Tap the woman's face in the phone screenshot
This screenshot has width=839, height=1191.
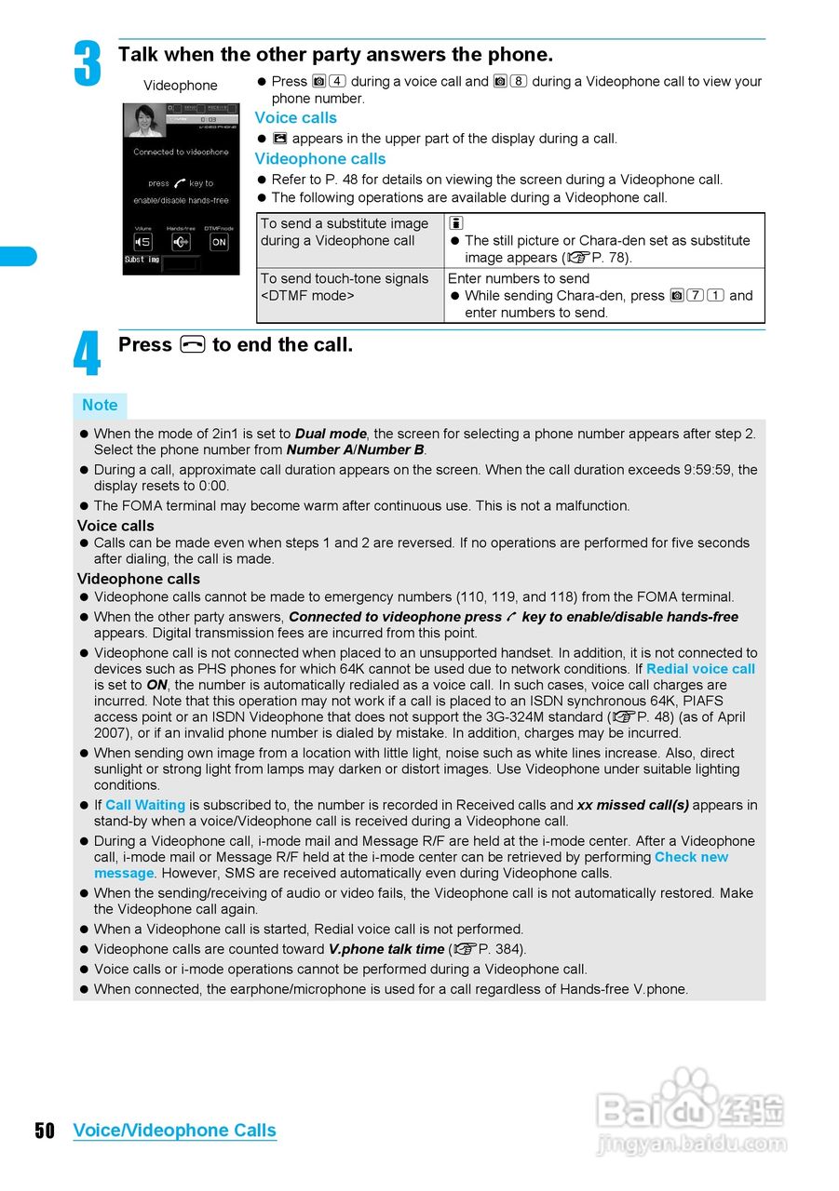(x=146, y=119)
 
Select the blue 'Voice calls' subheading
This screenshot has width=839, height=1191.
(x=295, y=118)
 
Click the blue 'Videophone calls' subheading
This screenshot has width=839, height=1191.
(x=319, y=159)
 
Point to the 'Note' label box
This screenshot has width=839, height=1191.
(x=100, y=406)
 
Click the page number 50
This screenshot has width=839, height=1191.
(x=45, y=1131)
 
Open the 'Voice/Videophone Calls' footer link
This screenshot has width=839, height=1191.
(x=174, y=1131)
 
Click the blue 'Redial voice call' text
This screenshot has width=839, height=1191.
(x=700, y=669)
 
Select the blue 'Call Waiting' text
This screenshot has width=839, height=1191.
(x=145, y=805)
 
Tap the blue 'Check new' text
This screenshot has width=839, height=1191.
(x=691, y=857)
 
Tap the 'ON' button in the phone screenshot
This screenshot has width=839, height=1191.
(x=219, y=242)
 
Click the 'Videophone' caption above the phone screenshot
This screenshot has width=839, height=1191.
(x=180, y=86)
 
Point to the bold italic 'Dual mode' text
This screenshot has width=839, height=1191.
(x=331, y=434)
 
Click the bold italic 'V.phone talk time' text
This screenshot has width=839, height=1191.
(x=386, y=949)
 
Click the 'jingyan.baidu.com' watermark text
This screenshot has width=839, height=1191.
(x=691, y=1144)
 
